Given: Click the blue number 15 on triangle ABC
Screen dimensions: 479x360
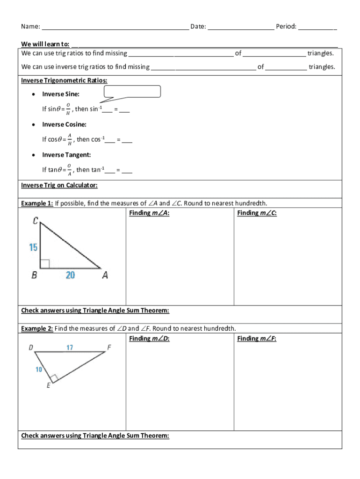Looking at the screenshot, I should click(33, 247).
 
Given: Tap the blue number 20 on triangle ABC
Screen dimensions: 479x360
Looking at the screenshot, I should click(70, 275).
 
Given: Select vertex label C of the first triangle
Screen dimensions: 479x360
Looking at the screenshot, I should click(36, 221).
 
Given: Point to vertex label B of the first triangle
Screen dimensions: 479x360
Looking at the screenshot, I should click(34, 276).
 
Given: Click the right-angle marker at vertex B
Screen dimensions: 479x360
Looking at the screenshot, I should click(44, 264).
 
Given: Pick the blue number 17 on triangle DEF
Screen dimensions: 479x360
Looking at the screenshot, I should click(69, 348).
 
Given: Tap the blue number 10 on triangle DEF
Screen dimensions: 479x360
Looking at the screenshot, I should click(39, 370).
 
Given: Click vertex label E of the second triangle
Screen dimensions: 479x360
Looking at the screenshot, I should click(49, 386).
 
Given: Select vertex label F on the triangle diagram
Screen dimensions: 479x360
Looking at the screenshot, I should click(109, 348).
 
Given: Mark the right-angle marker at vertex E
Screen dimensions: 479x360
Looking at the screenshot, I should click(54, 377).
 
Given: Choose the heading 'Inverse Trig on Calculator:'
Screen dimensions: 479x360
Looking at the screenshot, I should click(59, 185).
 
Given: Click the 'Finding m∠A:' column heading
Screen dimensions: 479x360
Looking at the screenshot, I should click(149, 213).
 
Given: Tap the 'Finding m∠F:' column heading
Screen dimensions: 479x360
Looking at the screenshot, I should click(257, 339).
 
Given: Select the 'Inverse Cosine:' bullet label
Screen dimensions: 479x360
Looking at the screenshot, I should click(64, 124).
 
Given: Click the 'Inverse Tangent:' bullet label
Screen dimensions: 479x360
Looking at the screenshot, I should click(66, 155).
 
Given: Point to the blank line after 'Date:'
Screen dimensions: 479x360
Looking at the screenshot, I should click(241, 27).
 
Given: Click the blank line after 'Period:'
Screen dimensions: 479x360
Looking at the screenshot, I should click(317, 27).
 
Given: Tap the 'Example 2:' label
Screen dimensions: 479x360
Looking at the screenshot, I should click(37, 328).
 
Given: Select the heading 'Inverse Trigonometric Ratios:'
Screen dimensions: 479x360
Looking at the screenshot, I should click(64, 80).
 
